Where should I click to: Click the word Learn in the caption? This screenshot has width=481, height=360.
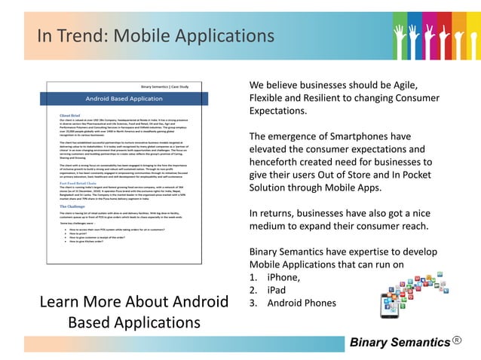55,303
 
